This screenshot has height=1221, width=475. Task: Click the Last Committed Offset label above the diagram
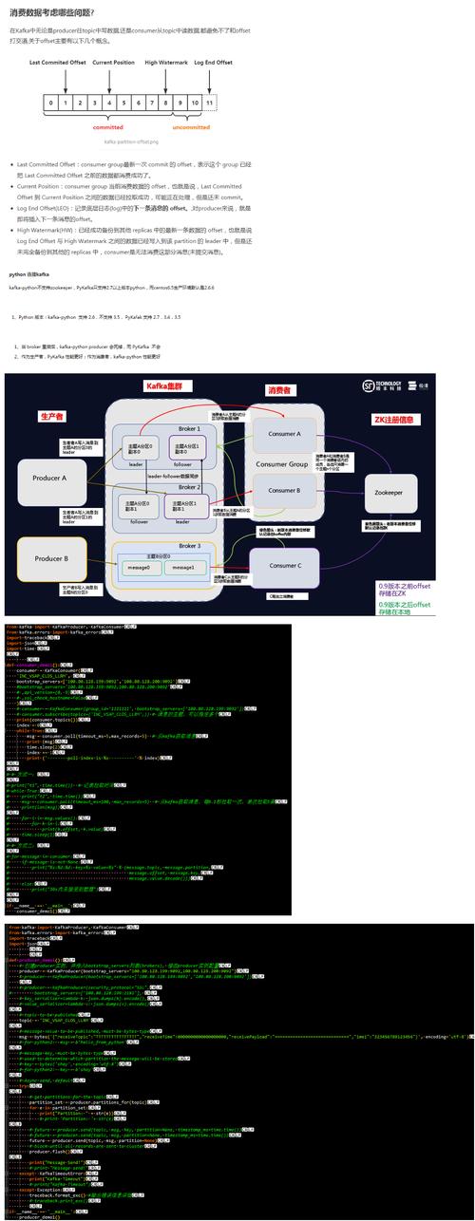(59, 63)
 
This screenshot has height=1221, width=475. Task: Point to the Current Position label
(113, 63)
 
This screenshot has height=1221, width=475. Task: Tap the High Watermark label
(165, 63)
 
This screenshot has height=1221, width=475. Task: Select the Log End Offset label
(213, 63)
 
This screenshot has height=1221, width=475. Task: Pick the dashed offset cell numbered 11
(209, 102)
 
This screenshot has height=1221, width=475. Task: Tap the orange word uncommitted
(191, 126)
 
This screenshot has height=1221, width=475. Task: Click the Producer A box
(50, 479)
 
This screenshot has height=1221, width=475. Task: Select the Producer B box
(51, 559)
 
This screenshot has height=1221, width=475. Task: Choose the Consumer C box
(285, 565)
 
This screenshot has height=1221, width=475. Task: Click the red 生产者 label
(51, 417)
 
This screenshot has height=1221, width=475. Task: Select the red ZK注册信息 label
(397, 420)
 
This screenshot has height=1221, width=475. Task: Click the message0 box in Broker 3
(137, 568)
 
